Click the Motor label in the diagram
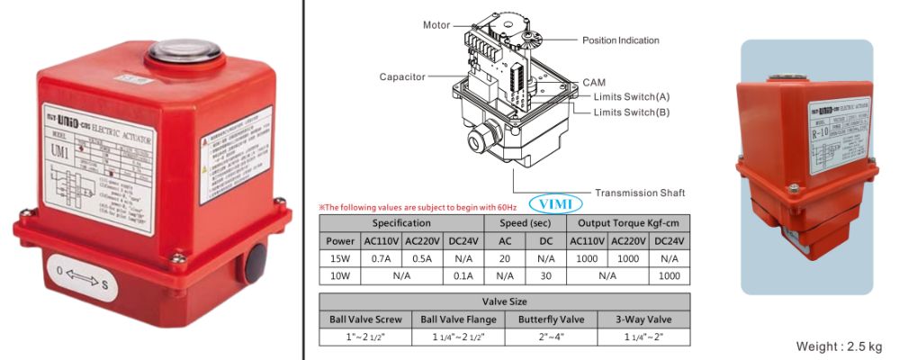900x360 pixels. coord(436,25)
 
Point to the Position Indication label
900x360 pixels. coord(620,40)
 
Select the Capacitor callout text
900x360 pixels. coord(401,77)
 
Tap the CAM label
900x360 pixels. coord(594,82)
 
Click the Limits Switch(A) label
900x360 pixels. coord(632,96)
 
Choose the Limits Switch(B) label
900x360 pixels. coord(632,112)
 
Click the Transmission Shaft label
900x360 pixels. coord(640,193)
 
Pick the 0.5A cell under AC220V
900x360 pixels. coord(423,259)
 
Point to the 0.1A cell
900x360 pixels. coord(464,276)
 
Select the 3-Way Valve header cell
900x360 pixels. coord(643,319)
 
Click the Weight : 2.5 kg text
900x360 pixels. coord(839,346)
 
